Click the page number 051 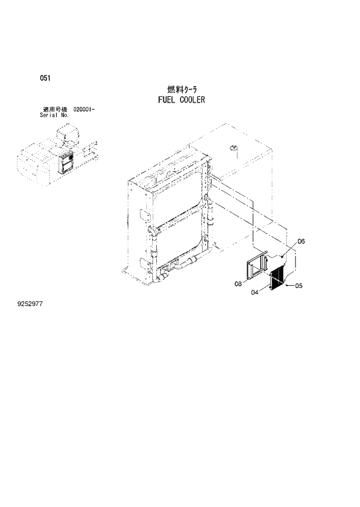point(44,78)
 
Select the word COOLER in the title point(192,99)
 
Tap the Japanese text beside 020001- point(56,109)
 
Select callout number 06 point(301,241)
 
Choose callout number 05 point(299,285)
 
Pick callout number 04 point(254,293)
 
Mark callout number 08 point(237,284)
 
